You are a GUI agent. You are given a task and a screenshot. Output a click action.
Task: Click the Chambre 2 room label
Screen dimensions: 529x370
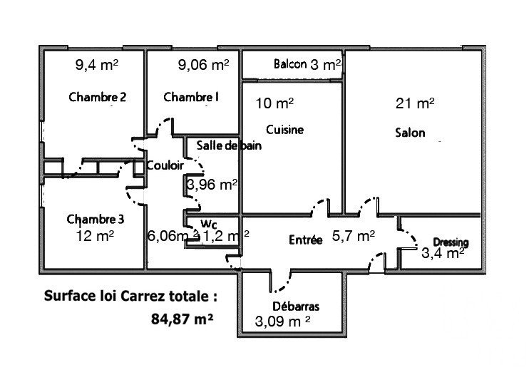(x=98, y=97)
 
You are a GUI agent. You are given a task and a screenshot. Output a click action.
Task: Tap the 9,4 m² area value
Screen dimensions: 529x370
(x=97, y=64)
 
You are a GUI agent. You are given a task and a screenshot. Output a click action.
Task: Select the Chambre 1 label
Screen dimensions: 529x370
(x=191, y=97)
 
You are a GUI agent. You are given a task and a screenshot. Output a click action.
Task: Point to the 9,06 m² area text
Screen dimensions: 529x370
(x=203, y=64)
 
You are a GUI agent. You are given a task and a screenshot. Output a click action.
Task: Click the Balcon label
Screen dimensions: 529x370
(x=290, y=63)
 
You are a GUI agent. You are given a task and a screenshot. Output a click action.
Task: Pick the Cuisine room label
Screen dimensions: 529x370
(x=284, y=130)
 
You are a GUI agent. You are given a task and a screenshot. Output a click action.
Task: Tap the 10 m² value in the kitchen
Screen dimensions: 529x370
(x=274, y=103)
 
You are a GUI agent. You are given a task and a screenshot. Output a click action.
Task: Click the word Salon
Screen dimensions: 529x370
(x=410, y=133)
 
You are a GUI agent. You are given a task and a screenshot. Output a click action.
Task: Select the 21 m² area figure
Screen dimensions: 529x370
(x=415, y=103)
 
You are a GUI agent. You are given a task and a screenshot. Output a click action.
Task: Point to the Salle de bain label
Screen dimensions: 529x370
(x=229, y=145)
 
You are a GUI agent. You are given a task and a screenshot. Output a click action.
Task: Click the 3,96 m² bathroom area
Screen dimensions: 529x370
(x=212, y=185)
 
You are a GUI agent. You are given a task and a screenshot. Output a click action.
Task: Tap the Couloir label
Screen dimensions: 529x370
(x=165, y=165)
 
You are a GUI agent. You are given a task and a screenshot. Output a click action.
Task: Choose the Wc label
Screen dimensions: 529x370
(x=208, y=224)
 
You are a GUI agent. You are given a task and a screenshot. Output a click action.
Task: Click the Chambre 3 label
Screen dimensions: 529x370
(x=96, y=220)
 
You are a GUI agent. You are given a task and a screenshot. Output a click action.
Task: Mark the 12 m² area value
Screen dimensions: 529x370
(x=95, y=236)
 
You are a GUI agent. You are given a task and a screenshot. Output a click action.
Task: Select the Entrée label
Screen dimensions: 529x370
(x=306, y=240)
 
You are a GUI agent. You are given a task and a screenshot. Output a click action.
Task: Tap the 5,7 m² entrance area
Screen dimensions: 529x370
(x=353, y=236)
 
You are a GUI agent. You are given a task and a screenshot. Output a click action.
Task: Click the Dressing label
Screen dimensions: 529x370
(x=451, y=242)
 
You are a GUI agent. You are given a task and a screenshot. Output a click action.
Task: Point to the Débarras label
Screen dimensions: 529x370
(x=296, y=307)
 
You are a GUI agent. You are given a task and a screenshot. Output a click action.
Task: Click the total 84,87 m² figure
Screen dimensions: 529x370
(x=182, y=319)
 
